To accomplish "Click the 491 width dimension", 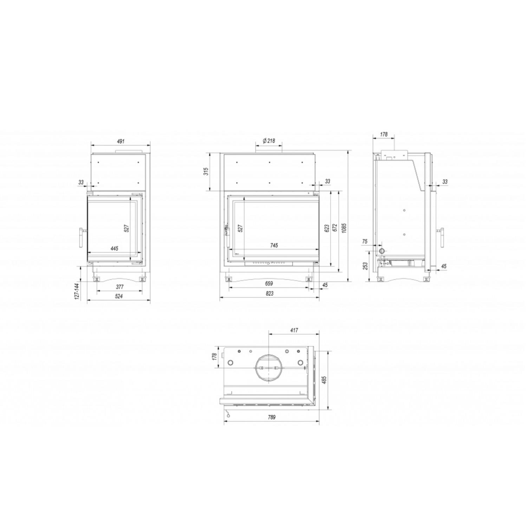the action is click(x=121, y=142).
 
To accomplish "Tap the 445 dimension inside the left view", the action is click(x=114, y=249).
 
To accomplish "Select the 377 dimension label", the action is click(x=119, y=287).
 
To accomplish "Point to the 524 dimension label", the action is click(x=119, y=297).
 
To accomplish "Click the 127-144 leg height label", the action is click(x=77, y=291).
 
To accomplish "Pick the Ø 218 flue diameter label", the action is click(x=269, y=141).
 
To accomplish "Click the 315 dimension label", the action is click(x=206, y=171).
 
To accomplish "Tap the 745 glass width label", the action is click(x=274, y=245).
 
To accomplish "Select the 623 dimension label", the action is click(x=327, y=228).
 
